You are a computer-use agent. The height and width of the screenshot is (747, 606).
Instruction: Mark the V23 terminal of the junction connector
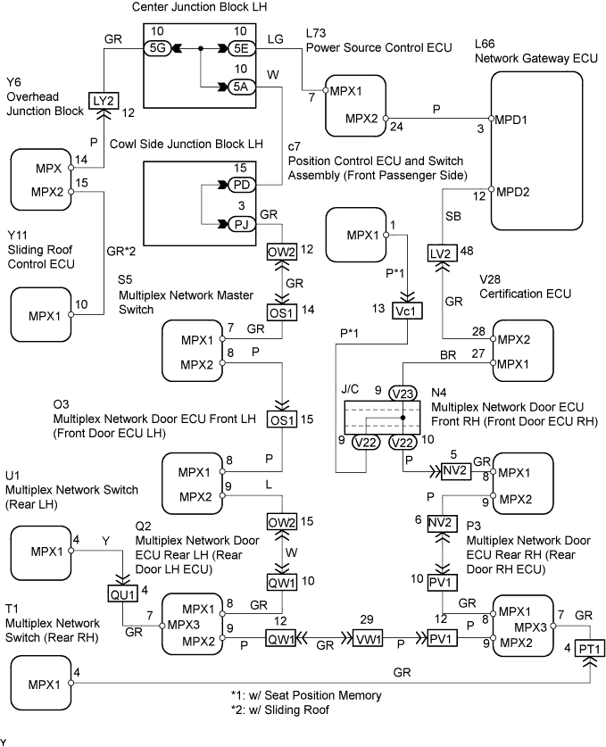click(x=403, y=392)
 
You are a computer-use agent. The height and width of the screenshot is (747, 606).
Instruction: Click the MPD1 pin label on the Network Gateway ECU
click(x=512, y=117)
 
